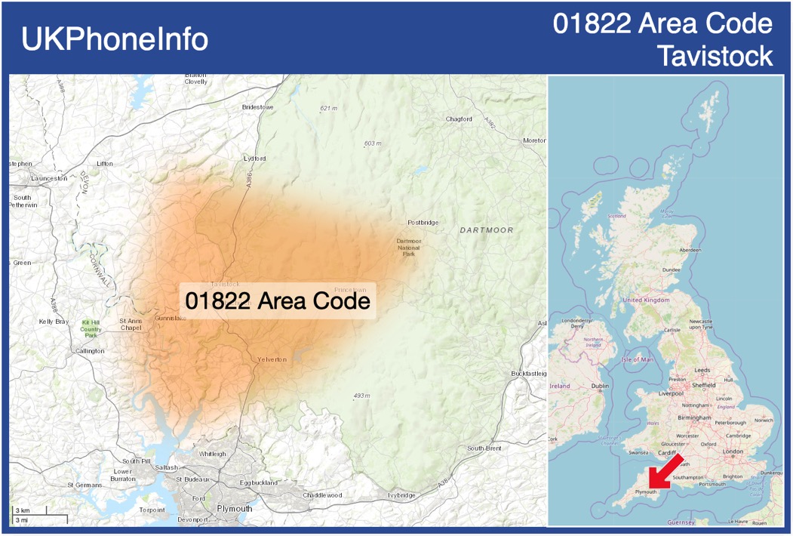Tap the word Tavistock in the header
[x=715, y=55]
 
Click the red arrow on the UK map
[x=665, y=471]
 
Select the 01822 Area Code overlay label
[x=278, y=300]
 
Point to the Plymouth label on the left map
[x=234, y=509]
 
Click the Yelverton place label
[x=272, y=359]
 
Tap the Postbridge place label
[x=423, y=223]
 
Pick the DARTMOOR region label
[x=486, y=230]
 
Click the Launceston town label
[x=50, y=179]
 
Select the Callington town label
[x=90, y=351]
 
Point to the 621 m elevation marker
[x=329, y=109]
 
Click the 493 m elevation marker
[x=362, y=396]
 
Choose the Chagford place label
[x=459, y=119]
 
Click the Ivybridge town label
[x=401, y=495]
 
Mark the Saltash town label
[x=166, y=468]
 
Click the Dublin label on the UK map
[x=600, y=387]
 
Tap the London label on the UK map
[x=733, y=451]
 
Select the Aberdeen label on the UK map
[x=690, y=250]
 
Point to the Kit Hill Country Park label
[x=91, y=328]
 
